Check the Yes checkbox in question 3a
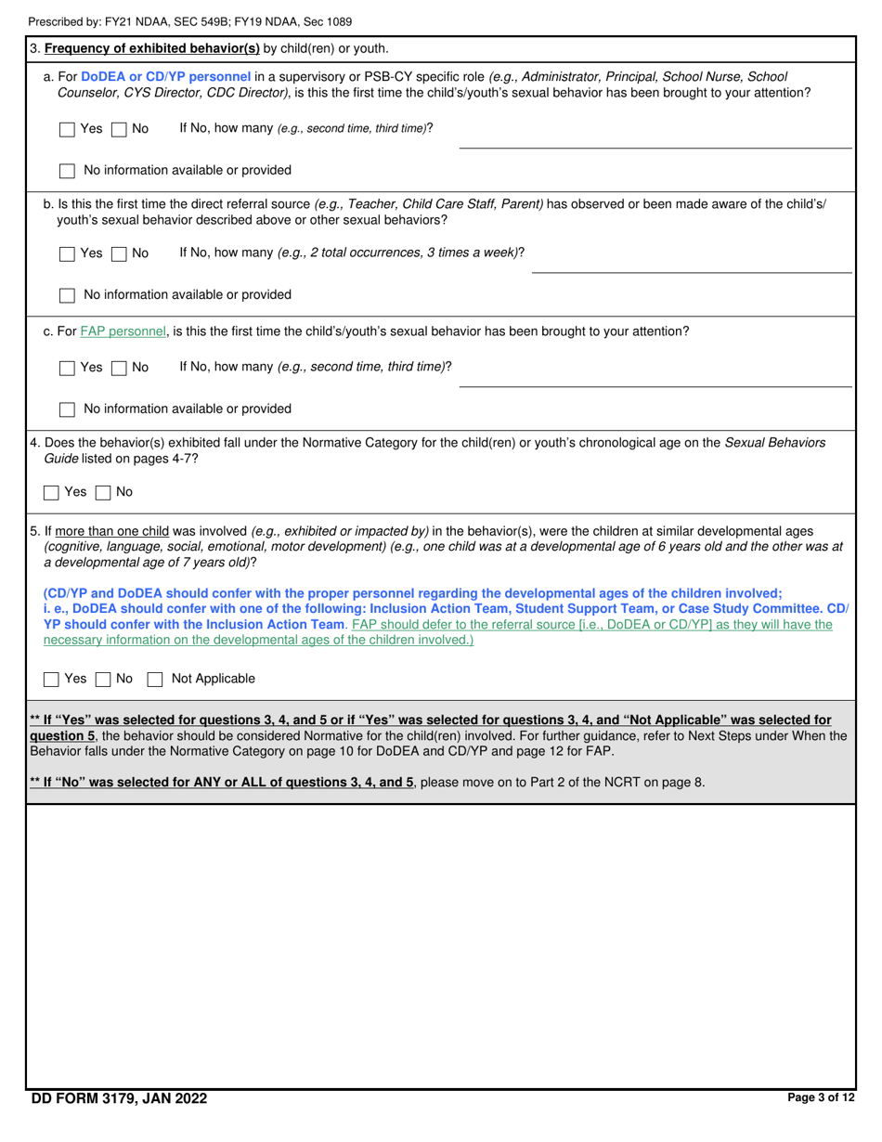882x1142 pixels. [67, 130]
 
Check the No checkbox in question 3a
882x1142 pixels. [119, 130]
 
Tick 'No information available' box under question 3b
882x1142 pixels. [67, 295]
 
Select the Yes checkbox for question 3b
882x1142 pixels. [67, 253]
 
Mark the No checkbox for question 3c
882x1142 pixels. [119, 368]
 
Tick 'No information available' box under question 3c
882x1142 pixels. [67, 409]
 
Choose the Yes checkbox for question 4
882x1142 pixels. [52, 492]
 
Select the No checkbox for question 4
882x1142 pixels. [104, 492]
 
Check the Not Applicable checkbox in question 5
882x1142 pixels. [156, 680]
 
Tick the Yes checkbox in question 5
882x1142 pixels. [52, 680]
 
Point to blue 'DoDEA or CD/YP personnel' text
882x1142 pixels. [165, 76]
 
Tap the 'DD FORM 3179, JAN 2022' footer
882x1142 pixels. [119, 1099]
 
